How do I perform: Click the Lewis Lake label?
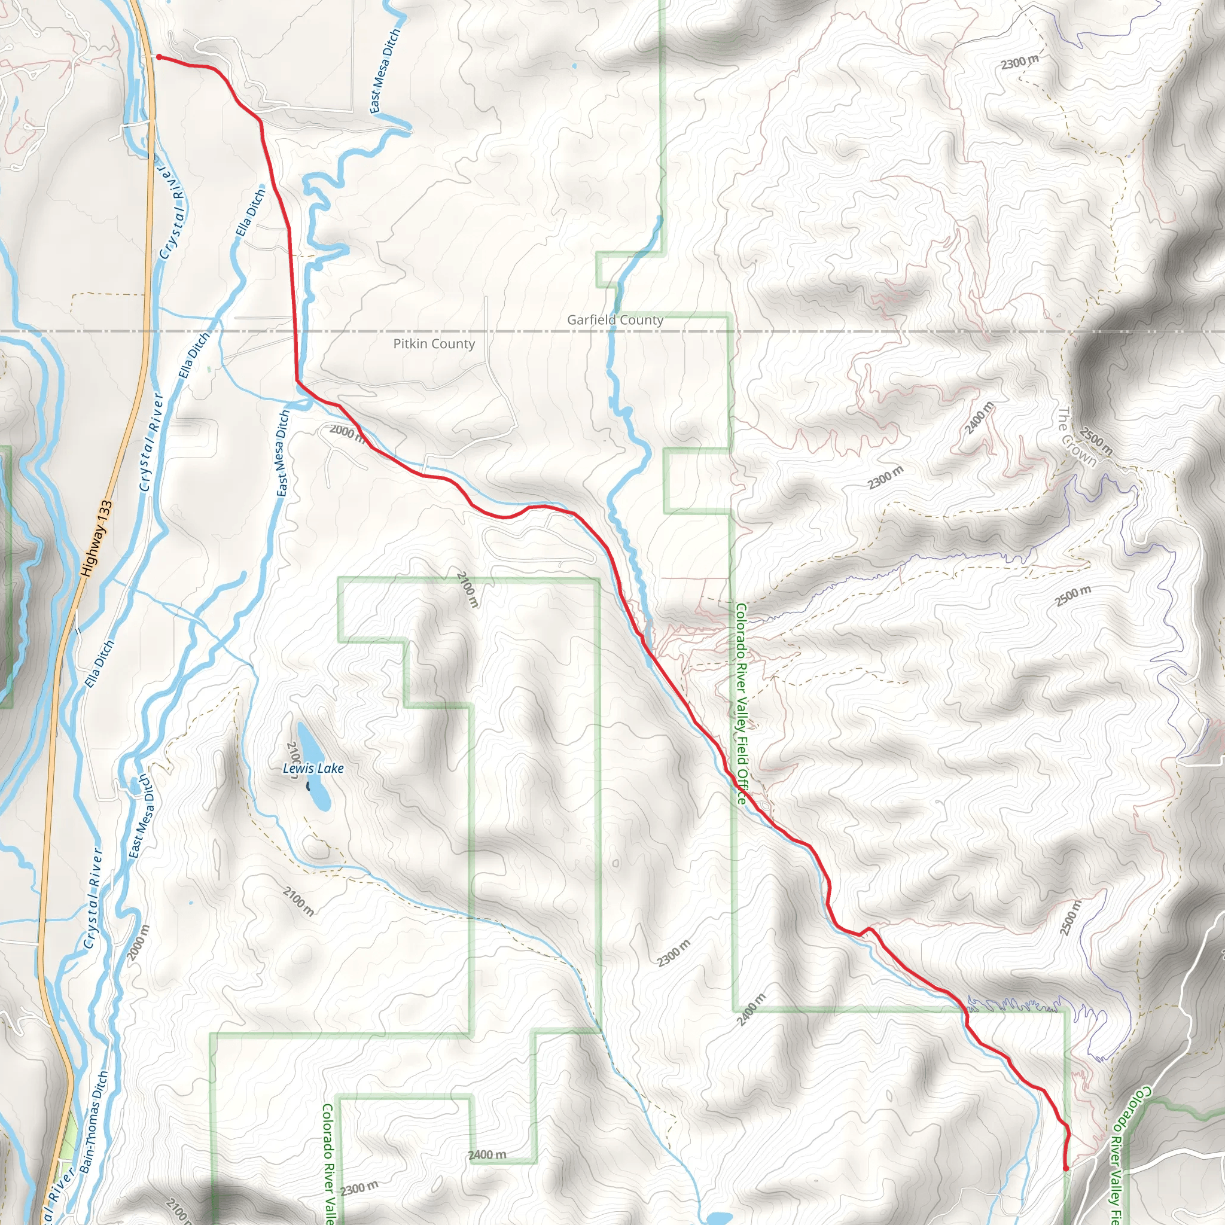(313, 769)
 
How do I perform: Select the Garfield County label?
(615, 320)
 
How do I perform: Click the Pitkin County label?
(434, 344)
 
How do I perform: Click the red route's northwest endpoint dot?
(159, 57)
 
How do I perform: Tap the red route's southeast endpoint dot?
(1065, 1168)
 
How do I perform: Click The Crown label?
(1076, 437)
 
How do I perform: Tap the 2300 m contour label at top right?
(1020, 62)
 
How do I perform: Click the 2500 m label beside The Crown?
(1096, 441)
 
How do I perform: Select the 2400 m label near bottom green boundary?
(487, 1154)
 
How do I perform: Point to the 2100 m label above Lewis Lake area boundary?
(467, 589)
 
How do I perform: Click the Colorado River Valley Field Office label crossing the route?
(741, 704)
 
